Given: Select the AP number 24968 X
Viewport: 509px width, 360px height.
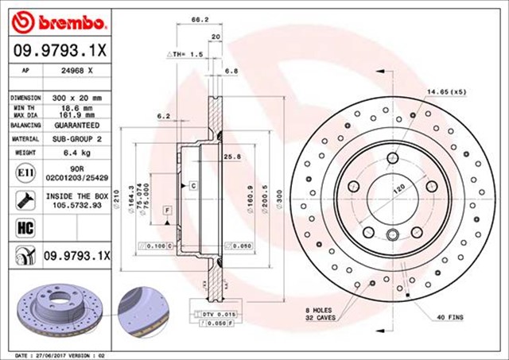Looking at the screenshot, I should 77,71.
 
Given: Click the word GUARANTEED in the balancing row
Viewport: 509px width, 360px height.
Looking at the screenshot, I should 76,126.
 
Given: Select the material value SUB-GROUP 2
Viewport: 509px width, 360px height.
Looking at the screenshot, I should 76,139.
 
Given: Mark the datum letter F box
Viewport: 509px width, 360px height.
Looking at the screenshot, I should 168,210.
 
